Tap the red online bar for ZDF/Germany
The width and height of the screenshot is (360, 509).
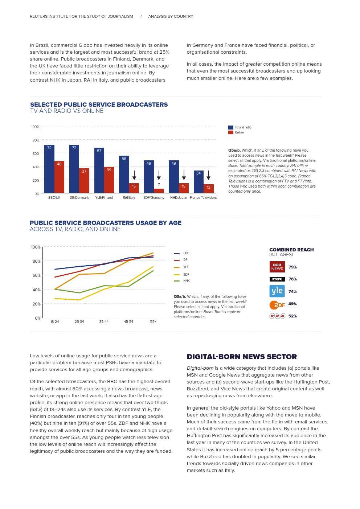tap(159, 191)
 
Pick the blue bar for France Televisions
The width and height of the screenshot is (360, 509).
tap(199, 182)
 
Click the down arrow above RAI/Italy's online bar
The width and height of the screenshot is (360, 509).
tap(134, 176)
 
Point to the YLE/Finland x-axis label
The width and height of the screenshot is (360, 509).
tap(104, 198)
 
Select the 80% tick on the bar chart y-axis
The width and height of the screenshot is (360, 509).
tap(36, 140)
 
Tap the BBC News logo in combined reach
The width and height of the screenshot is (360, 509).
tap(277, 267)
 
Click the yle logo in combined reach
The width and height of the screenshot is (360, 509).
tap(277, 291)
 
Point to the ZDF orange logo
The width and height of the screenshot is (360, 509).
tap(277, 305)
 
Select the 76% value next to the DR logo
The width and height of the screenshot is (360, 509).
tap(292, 279)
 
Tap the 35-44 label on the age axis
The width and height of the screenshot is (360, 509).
tap(104, 322)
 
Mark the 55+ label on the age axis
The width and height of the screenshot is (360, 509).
tap(153, 322)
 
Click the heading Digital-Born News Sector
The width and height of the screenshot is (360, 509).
tap(242, 357)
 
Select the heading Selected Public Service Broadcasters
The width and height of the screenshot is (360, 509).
tap(99, 104)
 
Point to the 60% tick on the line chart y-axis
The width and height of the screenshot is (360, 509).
tap(36, 275)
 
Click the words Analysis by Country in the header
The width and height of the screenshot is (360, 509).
tap(171, 16)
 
